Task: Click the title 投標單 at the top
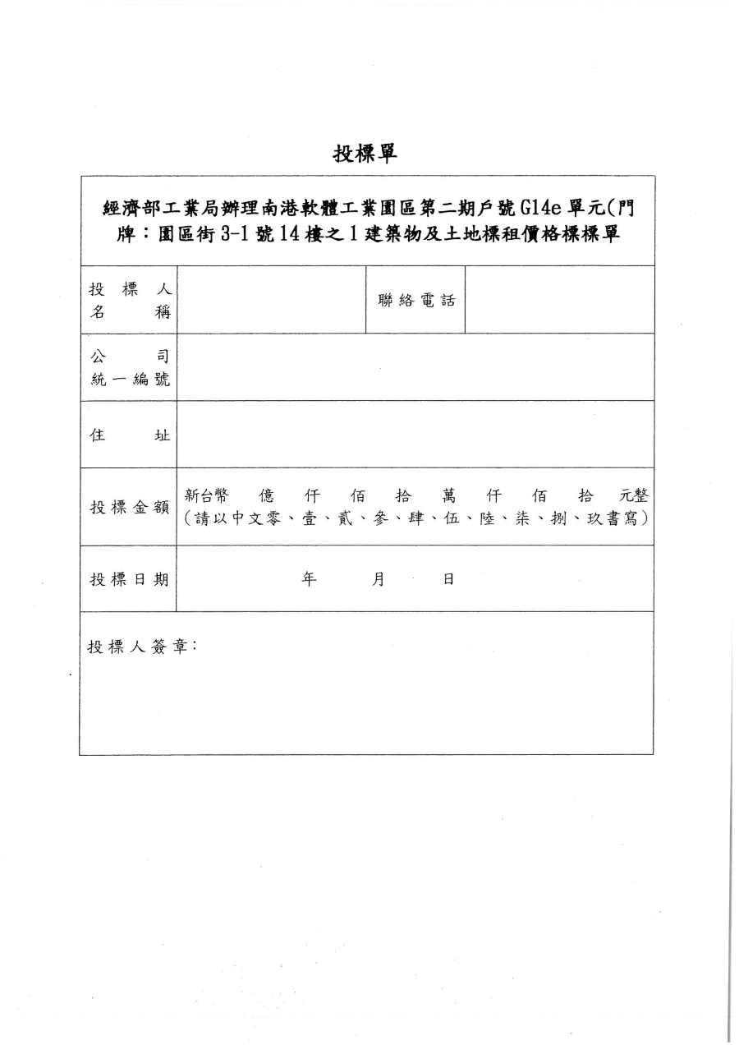click(365, 153)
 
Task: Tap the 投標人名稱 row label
click(129, 301)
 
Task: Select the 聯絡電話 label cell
click(415, 300)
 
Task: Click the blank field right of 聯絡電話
click(559, 300)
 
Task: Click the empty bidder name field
click(271, 300)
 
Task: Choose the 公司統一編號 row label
click(129, 367)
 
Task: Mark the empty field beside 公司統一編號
click(415, 367)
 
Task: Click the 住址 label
click(129, 435)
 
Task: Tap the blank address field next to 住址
click(415, 435)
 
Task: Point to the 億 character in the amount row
click(266, 496)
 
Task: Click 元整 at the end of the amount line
click(635, 496)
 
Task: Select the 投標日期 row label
click(129, 579)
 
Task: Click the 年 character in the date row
click(310, 578)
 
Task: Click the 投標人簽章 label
click(142, 647)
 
